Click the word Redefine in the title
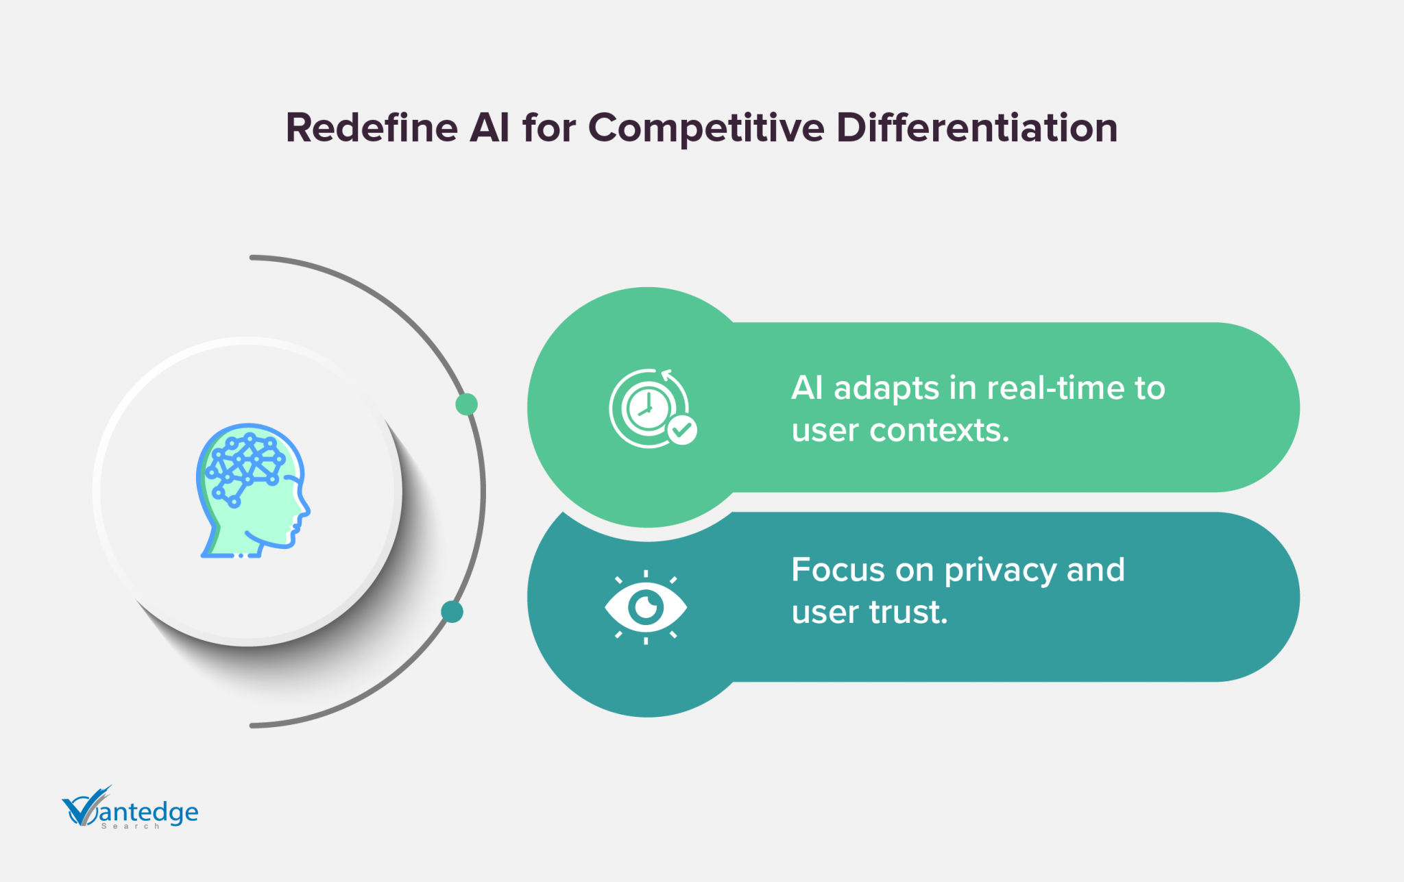pos(372,127)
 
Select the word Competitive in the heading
pos(706,129)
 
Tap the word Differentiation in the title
pos(977,127)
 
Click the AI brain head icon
pos(253,491)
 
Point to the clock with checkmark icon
pos(653,408)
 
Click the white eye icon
pos(646,607)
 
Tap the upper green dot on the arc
pos(466,404)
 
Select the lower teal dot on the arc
pos(452,611)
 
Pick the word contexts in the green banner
pos(939,431)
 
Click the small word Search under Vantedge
pos(130,826)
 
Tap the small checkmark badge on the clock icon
pos(682,430)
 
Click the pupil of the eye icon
pos(646,607)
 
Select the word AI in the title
pos(489,127)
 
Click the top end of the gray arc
pos(252,258)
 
